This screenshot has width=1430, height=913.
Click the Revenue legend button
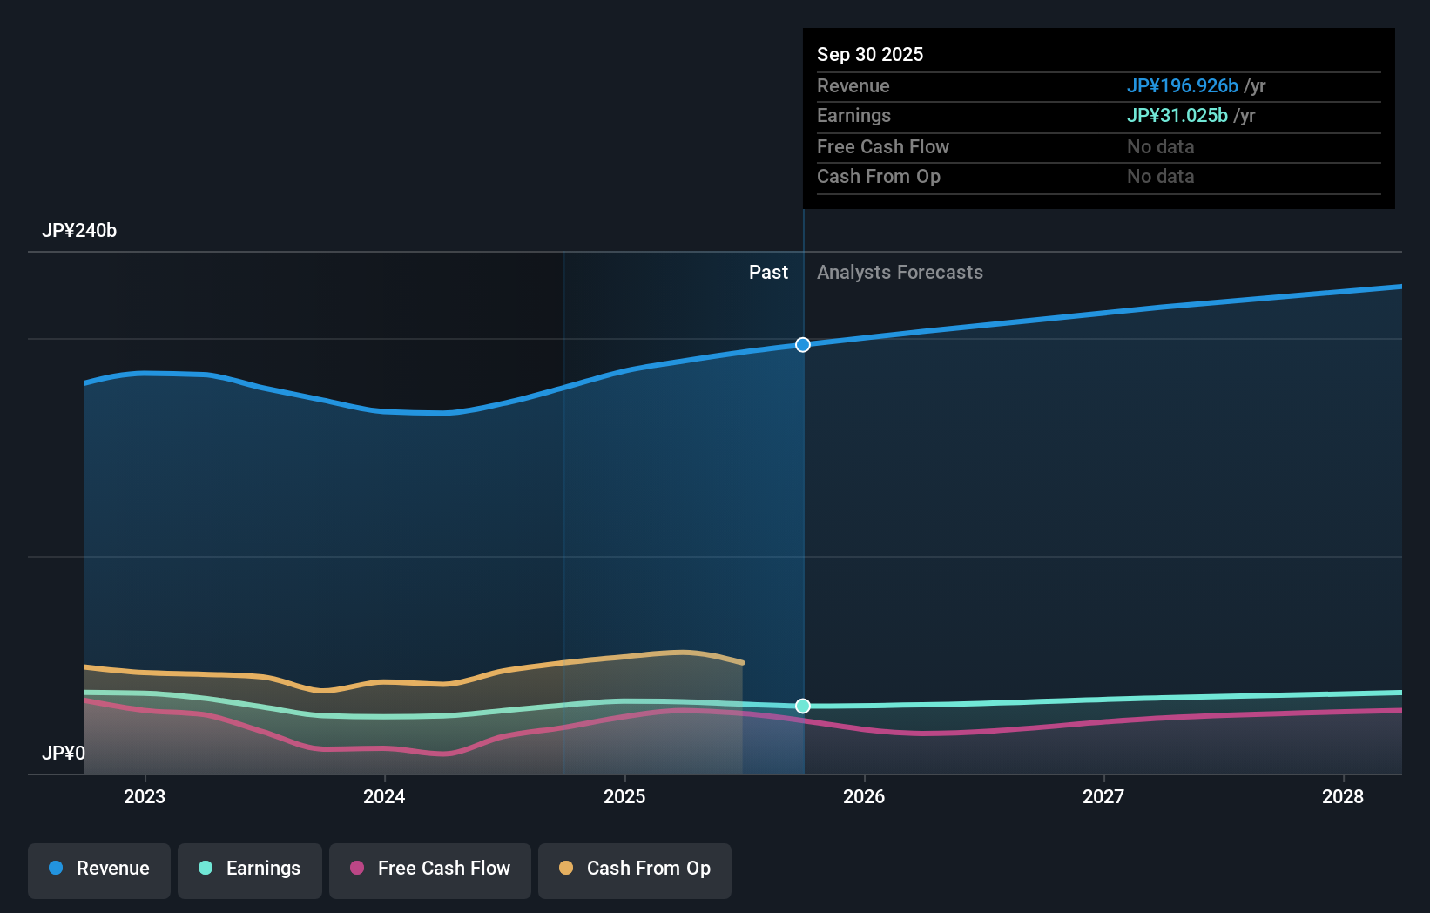(99, 869)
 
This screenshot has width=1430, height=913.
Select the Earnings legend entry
(250, 869)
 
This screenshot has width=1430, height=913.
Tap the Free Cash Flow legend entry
(430, 869)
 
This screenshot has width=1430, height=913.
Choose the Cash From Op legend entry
(635, 869)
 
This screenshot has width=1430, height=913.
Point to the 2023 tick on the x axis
(145, 796)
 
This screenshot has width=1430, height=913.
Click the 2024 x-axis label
(384, 796)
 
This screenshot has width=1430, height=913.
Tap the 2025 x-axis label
(624, 796)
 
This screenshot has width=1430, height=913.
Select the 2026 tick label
(864, 796)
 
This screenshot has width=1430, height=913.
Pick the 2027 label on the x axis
(1103, 796)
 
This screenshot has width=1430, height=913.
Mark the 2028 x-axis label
(1343, 796)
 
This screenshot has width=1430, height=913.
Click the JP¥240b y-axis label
(79, 231)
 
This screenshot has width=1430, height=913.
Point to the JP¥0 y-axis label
(64, 753)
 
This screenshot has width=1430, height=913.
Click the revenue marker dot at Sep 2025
(803, 345)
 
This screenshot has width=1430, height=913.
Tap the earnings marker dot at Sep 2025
(803, 706)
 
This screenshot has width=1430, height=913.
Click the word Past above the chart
(768, 273)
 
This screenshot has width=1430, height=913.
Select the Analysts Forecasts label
(900, 273)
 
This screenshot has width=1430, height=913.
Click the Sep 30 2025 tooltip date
(870, 55)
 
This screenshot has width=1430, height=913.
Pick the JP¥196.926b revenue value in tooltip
(1182, 86)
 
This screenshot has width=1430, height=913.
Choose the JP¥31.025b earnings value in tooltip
(1177, 116)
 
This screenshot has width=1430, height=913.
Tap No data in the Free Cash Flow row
(1160, 147)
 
